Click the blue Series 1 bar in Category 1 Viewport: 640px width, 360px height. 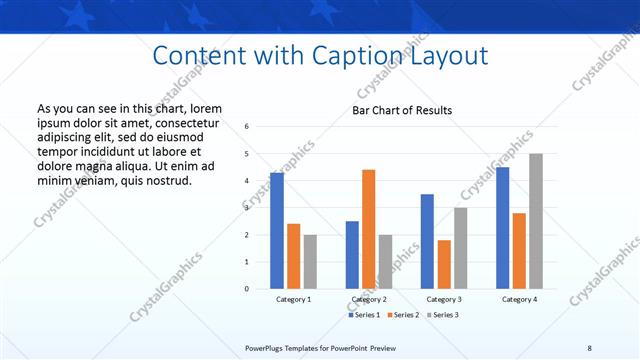tap(277, 231)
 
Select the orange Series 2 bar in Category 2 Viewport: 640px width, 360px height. tap(368, 229)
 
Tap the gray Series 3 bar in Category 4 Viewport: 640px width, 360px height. tap(536, 221)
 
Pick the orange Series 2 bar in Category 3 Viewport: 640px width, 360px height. tap(444, 264)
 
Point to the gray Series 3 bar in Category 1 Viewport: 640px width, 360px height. tap(310, 262)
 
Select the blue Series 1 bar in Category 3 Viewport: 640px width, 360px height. tap(427, 241)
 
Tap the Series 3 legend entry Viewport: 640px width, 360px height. tap(445, 314)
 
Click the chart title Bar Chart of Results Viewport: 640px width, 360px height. tap(402, 110)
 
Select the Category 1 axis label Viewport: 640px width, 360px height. tap(293, 299)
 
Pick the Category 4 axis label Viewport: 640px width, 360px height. tap(519, 299)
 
